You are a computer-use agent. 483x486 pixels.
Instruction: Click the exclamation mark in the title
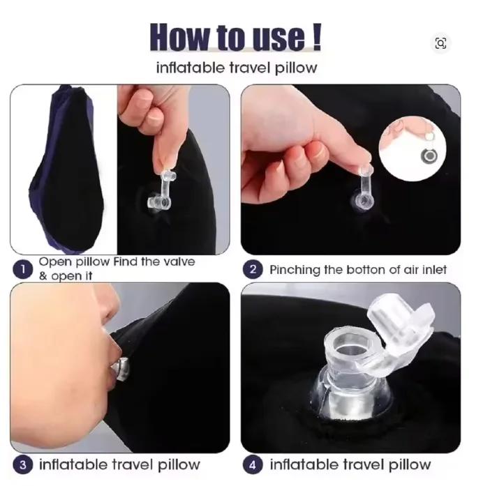(x=316, y=37)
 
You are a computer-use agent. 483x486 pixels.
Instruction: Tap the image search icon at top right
(x=441, y=43)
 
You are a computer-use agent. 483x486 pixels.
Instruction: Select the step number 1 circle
(x=22, y=269)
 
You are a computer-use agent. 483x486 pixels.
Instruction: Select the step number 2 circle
(x=253, y=269)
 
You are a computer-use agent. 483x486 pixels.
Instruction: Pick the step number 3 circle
(x=22, y=465)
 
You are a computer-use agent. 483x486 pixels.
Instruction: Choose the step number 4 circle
(x=253, y=465)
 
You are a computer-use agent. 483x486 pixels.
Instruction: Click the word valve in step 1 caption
(x=179, y=262)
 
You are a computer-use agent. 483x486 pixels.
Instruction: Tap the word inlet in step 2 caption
(x=434, y=270)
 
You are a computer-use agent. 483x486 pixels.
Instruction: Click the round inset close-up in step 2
(x=413, y=149)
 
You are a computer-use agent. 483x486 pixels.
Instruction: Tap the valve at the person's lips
(x=121, y=369)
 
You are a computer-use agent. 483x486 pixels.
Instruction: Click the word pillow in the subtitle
(x=296, y=68)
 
